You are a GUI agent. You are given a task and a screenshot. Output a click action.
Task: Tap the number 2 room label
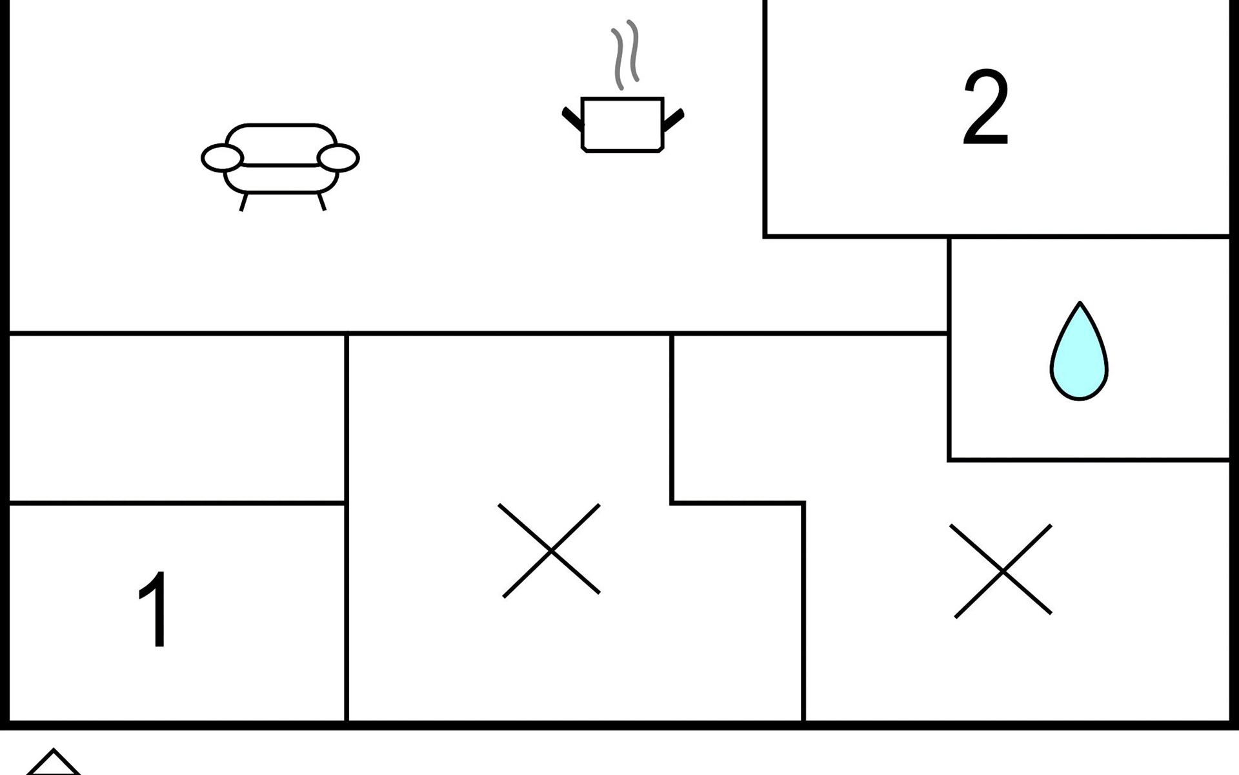coord(985,108)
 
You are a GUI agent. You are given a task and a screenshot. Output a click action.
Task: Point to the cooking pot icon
coord(622,124)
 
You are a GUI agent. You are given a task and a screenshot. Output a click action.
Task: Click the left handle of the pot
coord(572,119)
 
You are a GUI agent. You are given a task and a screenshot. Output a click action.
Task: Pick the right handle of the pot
coord(673,119)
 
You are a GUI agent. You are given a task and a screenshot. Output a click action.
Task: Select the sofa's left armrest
coord(222,158)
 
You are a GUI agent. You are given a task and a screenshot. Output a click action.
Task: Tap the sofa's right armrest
coord(338,158)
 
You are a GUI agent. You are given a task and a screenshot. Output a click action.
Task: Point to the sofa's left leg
coord(243,201)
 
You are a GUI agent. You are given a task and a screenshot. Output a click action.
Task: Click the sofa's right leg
coord(321,201)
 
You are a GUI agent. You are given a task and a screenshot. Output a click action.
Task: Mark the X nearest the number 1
coord(550,550)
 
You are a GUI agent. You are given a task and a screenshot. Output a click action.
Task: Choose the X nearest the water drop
coord(1002,571)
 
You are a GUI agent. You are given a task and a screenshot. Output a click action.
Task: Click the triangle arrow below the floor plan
coord(54,763)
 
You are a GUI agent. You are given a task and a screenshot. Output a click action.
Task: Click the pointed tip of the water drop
coord(1079,304)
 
